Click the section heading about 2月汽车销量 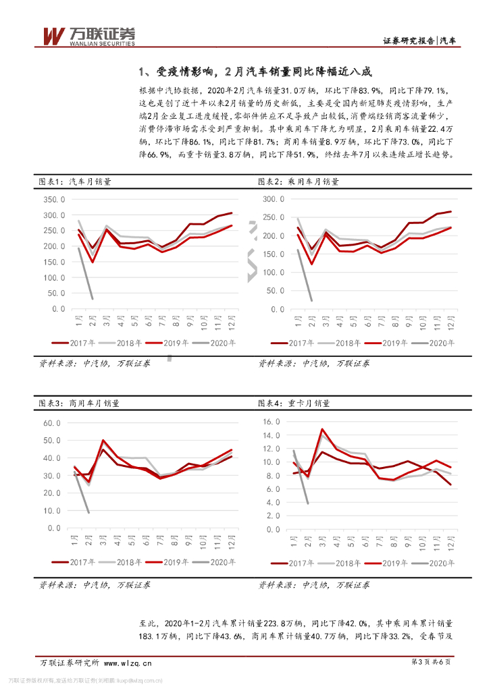click(255, 72)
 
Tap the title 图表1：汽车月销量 click(75, 182)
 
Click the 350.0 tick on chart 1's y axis click(53, 200)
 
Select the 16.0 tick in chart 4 click(271, 421)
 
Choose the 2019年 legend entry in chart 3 click(169, 561)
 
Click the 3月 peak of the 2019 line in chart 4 click(322, 429)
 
